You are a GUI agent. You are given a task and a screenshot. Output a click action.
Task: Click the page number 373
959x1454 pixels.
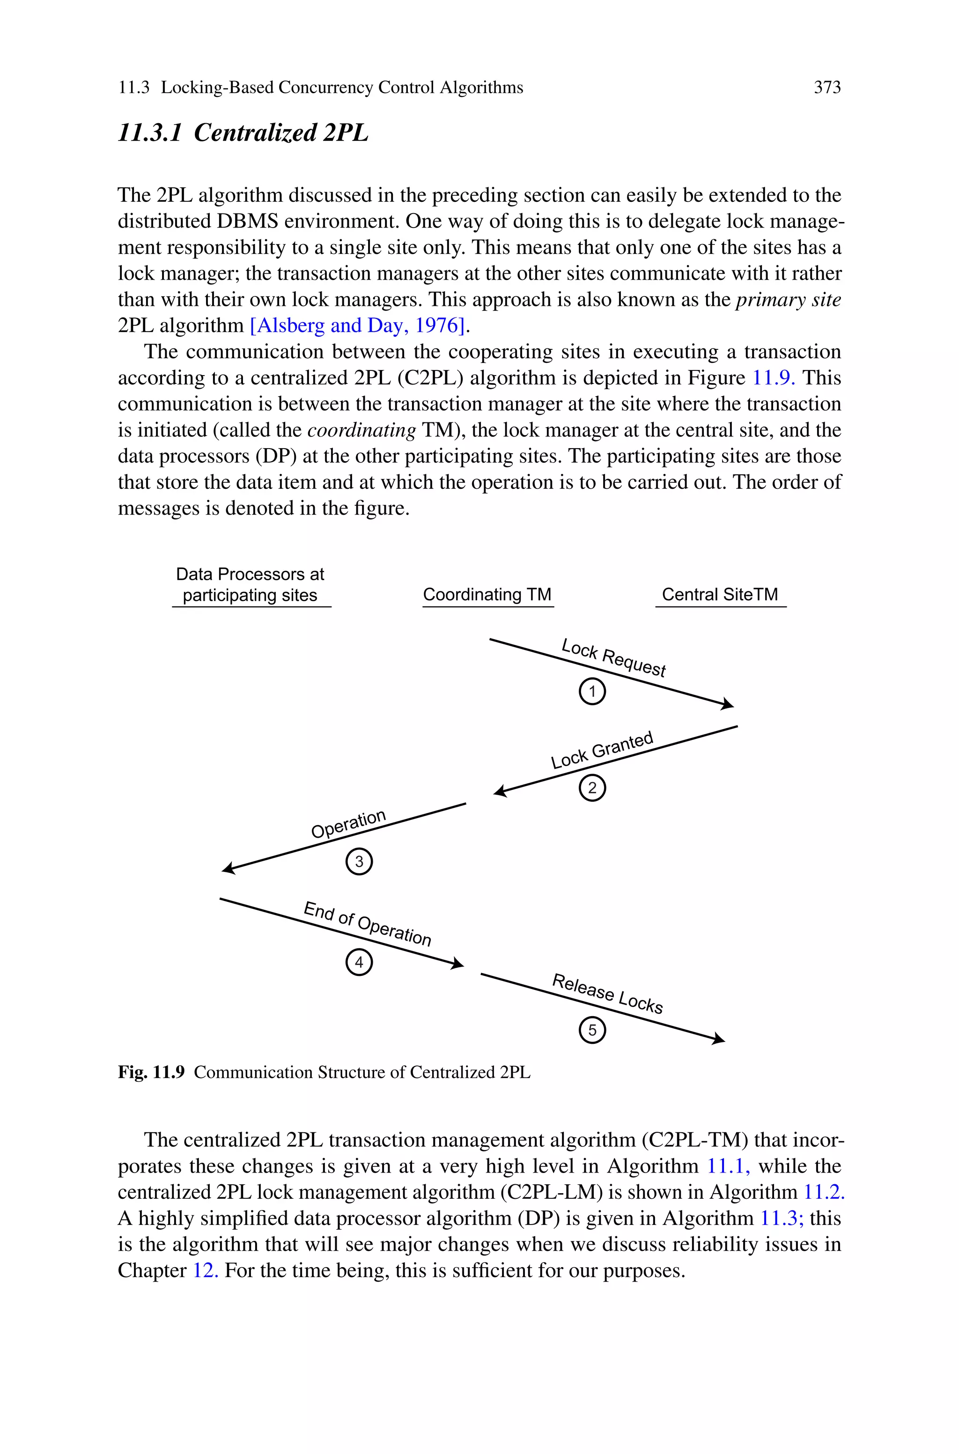tap(827, 88)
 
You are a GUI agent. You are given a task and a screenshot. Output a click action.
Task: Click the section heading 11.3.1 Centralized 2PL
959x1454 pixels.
tap(243, 133)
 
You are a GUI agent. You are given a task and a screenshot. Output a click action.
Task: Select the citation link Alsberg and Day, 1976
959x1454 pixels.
tap(358, 325)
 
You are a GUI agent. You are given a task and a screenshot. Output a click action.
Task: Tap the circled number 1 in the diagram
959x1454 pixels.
tap(591, 692)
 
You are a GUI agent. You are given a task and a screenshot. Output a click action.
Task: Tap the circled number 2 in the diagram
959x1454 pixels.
tap(591, 788)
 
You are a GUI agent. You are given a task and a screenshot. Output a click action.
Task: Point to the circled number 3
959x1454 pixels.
tap(359, 862)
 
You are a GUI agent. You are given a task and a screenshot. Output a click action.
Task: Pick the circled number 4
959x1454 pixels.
tap(359, 962)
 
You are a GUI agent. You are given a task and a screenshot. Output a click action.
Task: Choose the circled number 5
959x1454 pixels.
tap(591, 1030)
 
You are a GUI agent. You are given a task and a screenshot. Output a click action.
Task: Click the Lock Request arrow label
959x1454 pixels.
tap(613, 658)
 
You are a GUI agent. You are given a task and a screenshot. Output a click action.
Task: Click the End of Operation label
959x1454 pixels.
tap(368, 924)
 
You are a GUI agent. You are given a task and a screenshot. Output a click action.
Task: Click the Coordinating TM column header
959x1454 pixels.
tap(487, 594)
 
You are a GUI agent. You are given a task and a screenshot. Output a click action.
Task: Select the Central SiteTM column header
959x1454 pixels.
tap(720, 594)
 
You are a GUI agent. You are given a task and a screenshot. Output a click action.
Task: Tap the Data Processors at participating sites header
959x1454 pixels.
tap(250, 584)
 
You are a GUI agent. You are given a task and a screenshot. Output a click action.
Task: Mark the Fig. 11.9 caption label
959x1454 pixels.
tap(151, 1072)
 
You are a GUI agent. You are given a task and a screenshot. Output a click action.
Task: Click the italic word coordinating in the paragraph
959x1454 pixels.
tap(361, 430)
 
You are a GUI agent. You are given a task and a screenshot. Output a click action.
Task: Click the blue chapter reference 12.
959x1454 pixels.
tap(206, 1270)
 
